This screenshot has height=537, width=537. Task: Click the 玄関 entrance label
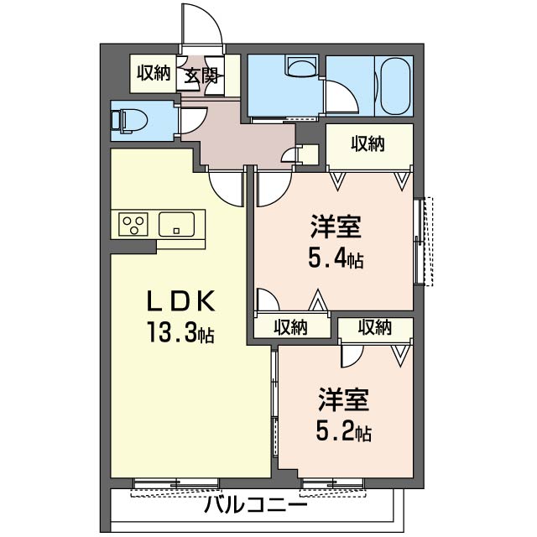click(202, 75)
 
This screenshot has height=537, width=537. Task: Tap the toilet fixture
click(128, 118)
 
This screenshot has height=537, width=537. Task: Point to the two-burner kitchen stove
click(133, 224)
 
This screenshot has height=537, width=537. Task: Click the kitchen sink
click(178, 224)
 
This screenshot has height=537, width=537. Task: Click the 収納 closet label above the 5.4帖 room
click(368, 144)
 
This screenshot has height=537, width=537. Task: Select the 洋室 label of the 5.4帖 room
click(336, 227)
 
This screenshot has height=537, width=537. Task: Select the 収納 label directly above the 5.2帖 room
click(374, 327)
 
